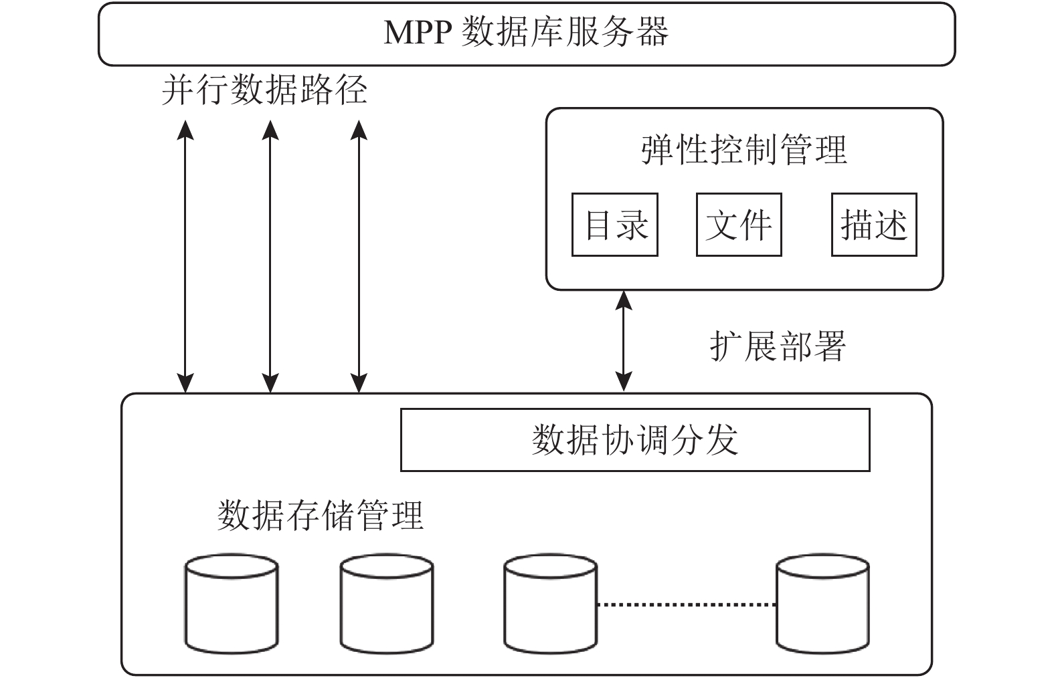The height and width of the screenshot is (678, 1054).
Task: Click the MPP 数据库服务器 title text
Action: pos(526,32)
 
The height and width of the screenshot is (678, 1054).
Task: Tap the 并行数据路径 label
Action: pos(264,90)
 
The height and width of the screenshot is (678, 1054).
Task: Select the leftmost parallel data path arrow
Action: pos(185,256)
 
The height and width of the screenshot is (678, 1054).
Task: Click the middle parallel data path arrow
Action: pos(270,256)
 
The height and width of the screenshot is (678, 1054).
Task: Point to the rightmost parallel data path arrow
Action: pos(359,256)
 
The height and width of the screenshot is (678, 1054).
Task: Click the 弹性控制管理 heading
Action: pos(744,150)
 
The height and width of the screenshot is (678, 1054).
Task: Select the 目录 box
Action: pos(614,225)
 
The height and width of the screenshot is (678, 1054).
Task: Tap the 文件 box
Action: pos(739,225)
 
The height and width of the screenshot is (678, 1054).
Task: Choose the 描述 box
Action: pos(874,225)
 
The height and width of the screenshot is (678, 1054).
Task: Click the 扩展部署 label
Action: pos(778,346)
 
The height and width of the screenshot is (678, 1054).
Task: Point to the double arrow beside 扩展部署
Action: pos(624,341)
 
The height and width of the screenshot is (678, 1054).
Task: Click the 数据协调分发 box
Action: pos(635,440)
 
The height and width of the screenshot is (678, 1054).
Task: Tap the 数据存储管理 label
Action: pos(321,516)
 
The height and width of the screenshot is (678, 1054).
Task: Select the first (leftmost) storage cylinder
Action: pos(232,604)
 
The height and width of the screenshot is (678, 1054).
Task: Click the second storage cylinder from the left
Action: pos(387,604)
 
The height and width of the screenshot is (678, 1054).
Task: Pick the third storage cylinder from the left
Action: pos(551,604)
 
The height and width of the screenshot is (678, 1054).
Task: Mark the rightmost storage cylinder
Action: pos(822,604)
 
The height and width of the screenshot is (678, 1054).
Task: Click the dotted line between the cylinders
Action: pos(687,604)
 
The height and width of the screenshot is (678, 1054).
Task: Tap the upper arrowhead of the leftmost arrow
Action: pos(185,130)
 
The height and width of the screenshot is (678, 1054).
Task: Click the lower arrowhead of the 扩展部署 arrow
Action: pos(624,382)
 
